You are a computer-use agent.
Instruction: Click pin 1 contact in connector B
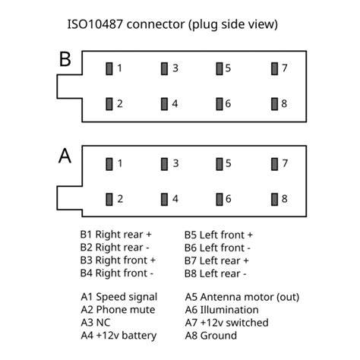point(109,68)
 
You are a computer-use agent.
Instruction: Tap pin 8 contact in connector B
point(274,104)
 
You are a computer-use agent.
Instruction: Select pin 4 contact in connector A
point(164,199)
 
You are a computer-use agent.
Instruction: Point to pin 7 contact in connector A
point(274,164)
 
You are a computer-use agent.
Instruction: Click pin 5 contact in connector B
point(219,68)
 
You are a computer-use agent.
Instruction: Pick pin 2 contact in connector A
point(109,199)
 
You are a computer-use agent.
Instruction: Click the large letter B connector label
point(65,59)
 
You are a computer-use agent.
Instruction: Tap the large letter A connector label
point(65,156)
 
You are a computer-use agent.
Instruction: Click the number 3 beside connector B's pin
point(175,68)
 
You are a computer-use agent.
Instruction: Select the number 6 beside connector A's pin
point(228,199)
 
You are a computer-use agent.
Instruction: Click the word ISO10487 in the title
point(95,24)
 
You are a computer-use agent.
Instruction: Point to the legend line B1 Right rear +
point(115,235)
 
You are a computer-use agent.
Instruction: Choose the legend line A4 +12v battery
point(118,336)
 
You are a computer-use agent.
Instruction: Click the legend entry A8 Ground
point(211,336)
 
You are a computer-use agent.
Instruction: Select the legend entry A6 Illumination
point(222,310)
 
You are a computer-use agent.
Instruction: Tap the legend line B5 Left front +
point(219,235)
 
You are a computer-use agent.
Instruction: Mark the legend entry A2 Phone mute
point(118,310)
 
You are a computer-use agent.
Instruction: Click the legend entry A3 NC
point(96,323)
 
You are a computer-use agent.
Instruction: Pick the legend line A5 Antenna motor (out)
point(242,297)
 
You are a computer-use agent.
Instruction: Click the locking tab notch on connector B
point(69,87)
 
